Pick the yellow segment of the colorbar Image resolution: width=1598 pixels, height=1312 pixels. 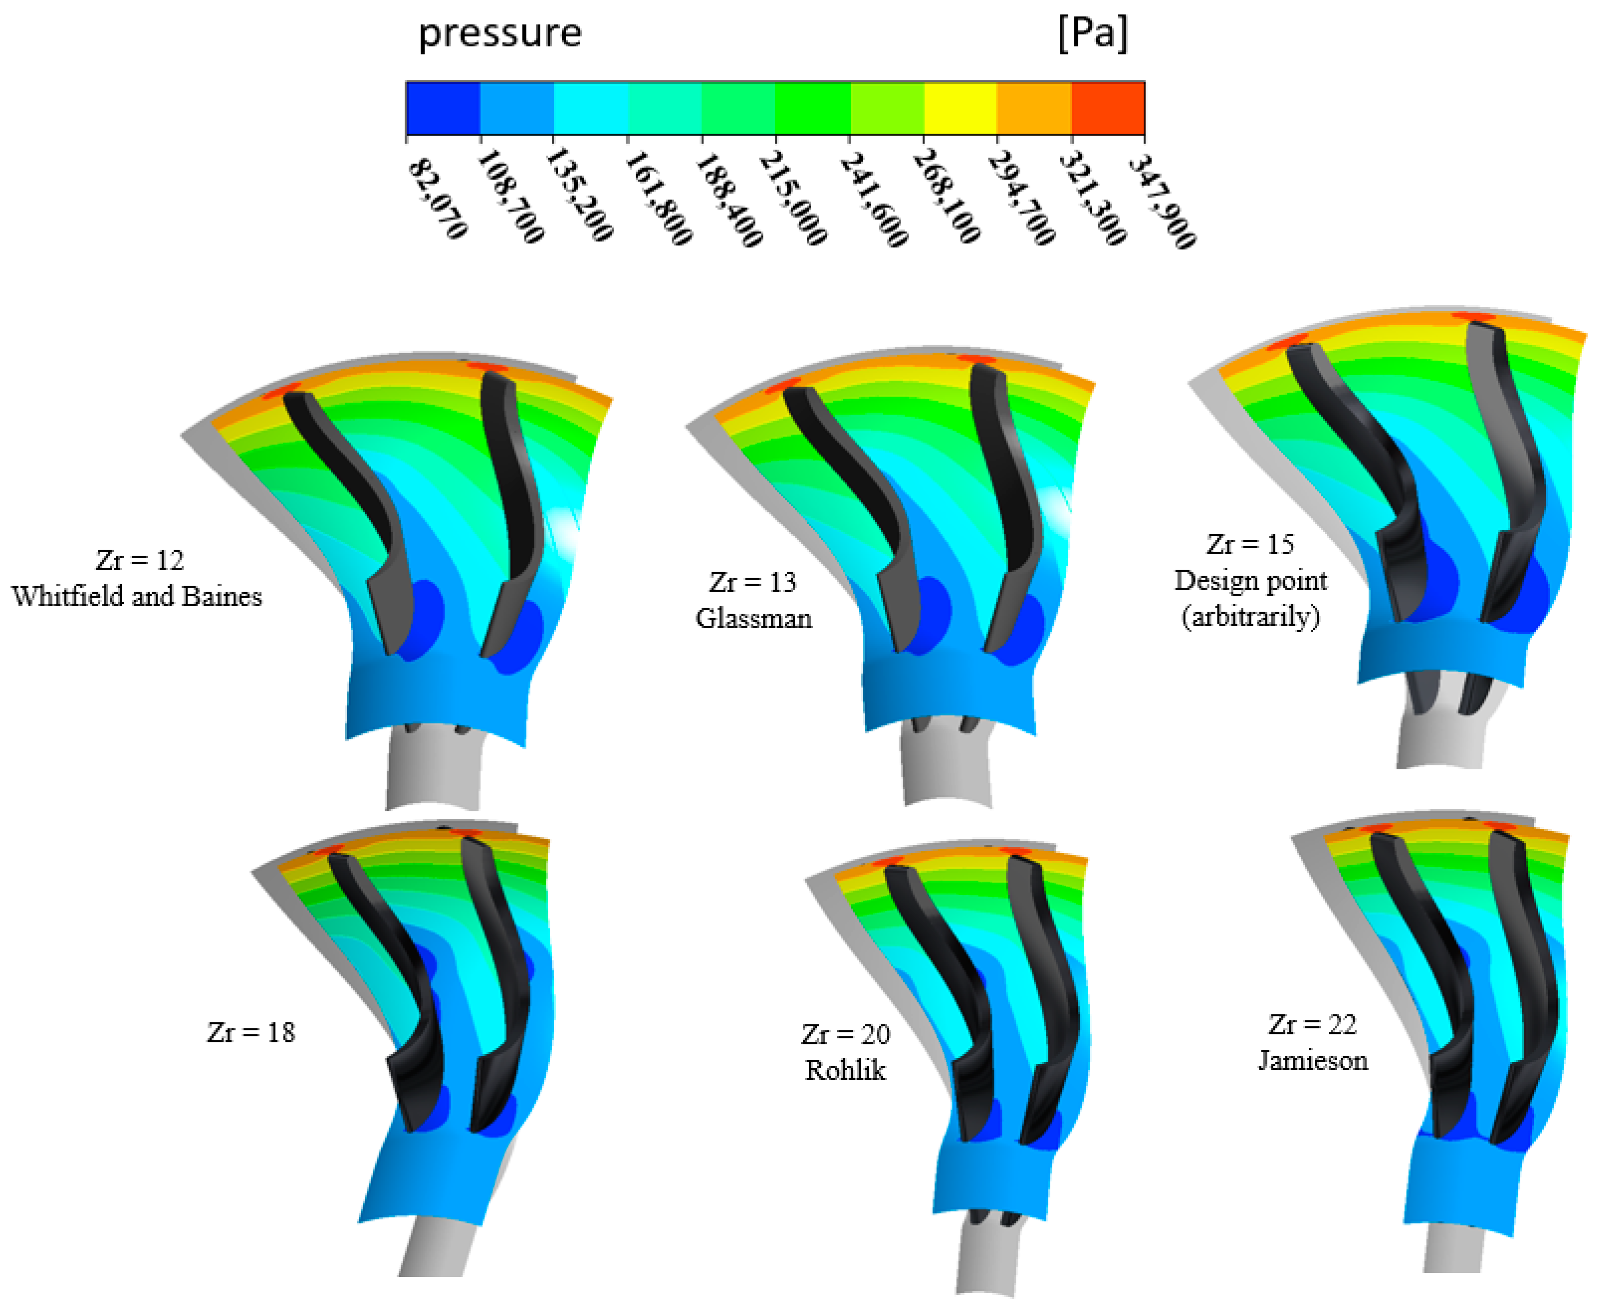(x=960, y=108)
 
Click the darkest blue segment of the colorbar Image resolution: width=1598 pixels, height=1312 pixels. (x=443, y=108)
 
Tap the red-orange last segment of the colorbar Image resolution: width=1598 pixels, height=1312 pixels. (x=1108, y=108)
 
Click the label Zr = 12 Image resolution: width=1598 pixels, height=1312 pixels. (x=140, y=560)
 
